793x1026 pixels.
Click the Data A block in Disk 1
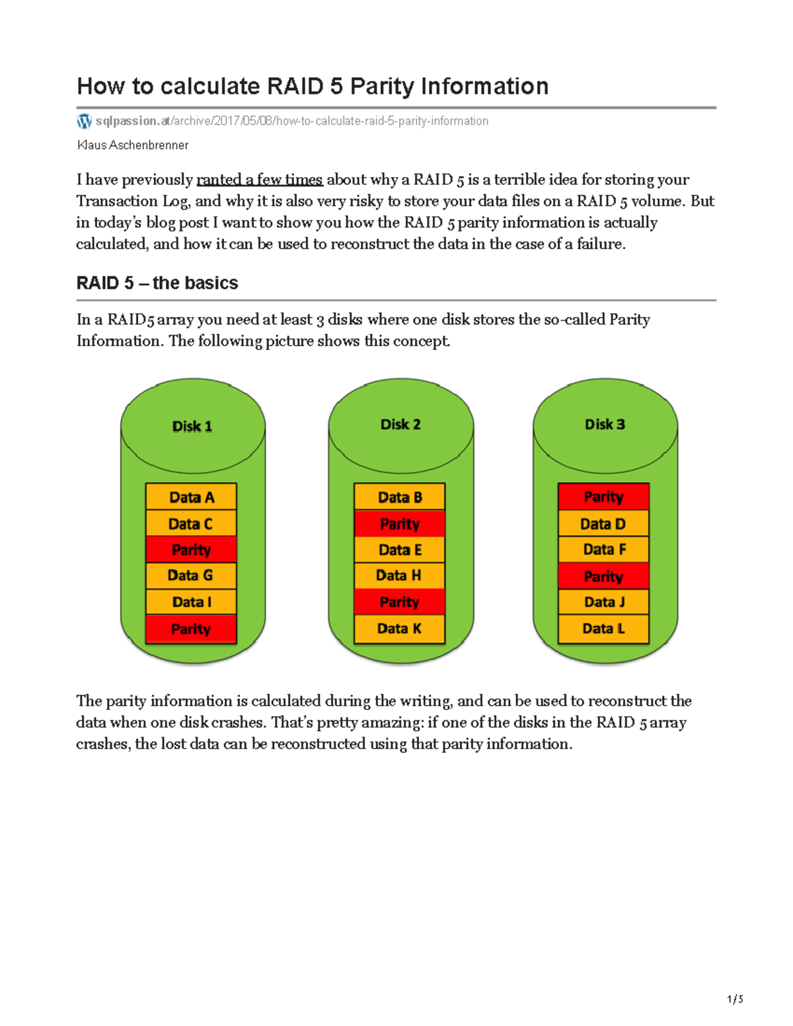tap(191, 497)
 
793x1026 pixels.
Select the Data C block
tap(191, 524)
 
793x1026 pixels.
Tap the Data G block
tap(191, 575)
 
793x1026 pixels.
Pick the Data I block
tap(191, 602)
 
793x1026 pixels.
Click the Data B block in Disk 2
tap(400, 497)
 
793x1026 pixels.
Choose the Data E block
tap(400, 550)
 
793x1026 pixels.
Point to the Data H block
tap(400, 575)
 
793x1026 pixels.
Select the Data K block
tap(400, 628)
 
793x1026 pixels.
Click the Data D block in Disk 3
tap(603, 524)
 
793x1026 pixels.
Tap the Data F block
tap(603, 549)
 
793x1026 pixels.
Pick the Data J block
tap(603, 602)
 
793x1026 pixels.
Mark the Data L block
tap(603, 628)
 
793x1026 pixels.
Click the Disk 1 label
tap(192, 426)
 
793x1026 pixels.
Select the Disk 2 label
tap(400, 424)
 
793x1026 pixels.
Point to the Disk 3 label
tap(605, 424)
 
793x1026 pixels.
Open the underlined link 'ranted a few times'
tap(259, 180)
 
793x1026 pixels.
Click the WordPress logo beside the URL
tap(84, 121)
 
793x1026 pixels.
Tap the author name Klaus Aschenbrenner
tap(133, 145)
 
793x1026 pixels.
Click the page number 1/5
tap(735, 999)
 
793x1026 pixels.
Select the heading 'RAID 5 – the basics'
tap(157, 283)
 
